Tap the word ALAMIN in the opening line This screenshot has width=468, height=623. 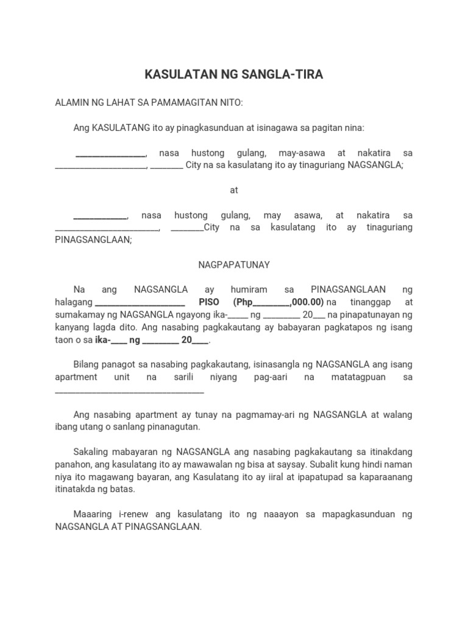pos(72,103)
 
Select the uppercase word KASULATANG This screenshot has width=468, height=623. pos(118,128)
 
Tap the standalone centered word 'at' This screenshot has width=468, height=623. pos(233,190)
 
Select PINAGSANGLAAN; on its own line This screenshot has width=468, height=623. pos(93,240)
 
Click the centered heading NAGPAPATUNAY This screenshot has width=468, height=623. pos(233,265)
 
